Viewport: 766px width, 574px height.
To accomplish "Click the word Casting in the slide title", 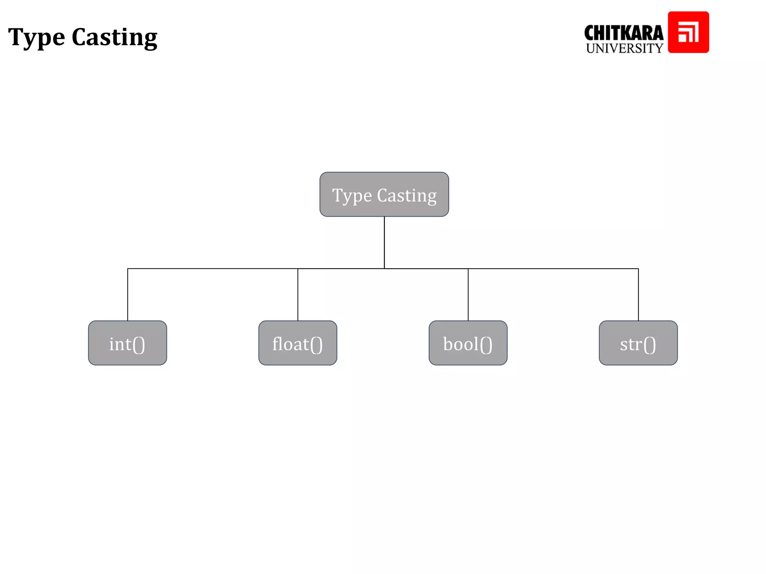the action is [114, 38].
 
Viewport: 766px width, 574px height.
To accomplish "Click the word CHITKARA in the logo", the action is [623, 33].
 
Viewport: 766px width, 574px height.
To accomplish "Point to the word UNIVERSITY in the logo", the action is [624, 49].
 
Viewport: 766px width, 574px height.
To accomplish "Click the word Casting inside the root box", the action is [407, 195].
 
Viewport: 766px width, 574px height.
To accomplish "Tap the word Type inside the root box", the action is [352, 196].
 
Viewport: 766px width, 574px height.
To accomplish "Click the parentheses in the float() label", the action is [316, 345].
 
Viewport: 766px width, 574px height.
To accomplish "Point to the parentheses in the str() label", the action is [649, 345].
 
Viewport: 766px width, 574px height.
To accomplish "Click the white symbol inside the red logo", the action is [688, 33].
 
